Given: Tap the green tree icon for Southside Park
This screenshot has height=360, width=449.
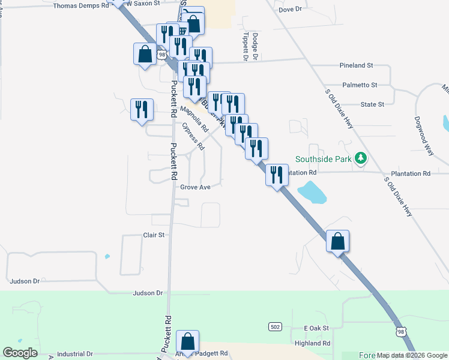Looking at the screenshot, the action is click(360, 158).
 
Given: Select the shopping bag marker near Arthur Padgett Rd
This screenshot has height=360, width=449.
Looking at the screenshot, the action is click(188, 342).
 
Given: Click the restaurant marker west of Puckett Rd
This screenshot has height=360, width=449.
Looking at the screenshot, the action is click(142, 110).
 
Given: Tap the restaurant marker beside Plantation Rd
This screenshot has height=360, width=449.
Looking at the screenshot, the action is click(276, 175).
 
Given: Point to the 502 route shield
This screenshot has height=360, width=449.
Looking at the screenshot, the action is click(275, 326).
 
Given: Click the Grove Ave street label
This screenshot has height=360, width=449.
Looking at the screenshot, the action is click(196, 187).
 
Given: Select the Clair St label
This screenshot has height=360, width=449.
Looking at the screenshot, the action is click(154, 235).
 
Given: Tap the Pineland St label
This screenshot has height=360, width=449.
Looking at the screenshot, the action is click(356, 65).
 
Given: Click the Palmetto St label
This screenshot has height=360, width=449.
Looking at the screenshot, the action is click(360, 85).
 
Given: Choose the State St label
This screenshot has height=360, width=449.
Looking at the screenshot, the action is click(372, 104).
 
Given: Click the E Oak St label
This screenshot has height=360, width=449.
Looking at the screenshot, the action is click(317, 328).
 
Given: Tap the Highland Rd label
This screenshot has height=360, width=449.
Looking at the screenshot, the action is click(313, 343).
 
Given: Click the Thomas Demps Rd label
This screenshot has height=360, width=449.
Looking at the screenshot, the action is click(81, 5).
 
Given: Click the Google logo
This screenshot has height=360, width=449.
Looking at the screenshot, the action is click(20, 353).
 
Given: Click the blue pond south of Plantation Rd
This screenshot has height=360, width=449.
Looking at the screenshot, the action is click(312, 192).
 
